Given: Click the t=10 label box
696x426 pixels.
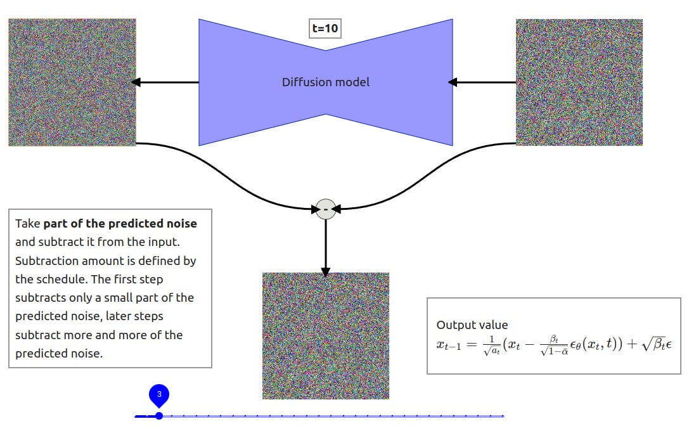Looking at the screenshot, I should (x=325, y=29).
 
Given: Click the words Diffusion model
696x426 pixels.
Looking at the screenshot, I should (x=325, y=82).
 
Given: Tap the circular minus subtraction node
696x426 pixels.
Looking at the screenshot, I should (x=325, y=209).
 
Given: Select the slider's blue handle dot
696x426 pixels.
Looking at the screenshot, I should (x=159, y=416).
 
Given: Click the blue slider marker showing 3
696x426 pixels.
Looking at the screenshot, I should (x=159, y=394).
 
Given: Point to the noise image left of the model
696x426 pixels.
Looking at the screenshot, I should (x=72, y=82).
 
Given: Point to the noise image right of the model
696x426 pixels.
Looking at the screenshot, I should (x=579, y=82).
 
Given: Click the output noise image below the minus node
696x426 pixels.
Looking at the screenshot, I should (x=325, y=335).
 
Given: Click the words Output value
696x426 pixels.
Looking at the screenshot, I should (x=472, y=325).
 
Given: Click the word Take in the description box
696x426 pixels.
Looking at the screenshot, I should (x=27, y=223).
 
